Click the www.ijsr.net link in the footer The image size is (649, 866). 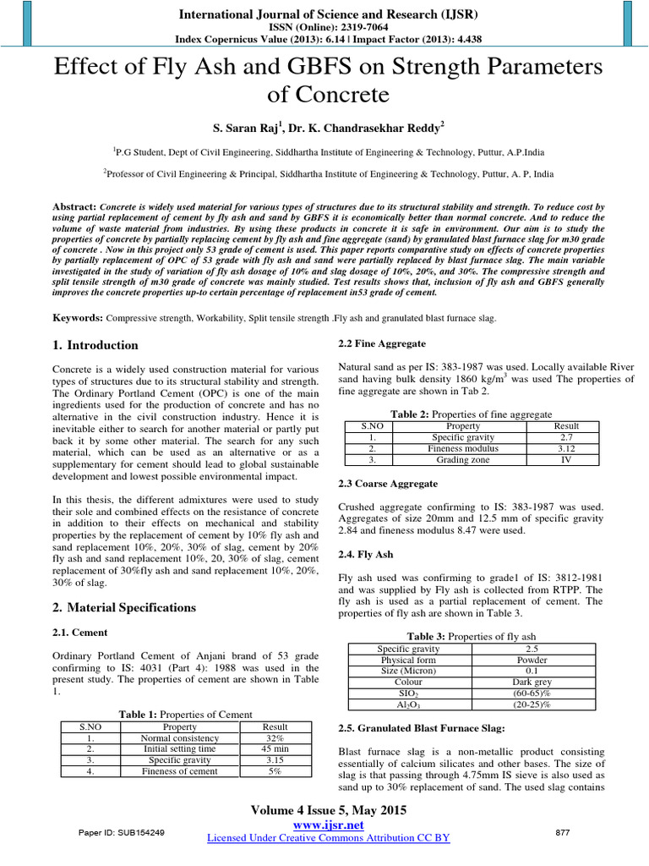[328, 825]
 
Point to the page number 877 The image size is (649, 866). [562, 833]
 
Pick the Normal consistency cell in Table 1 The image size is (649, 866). [179, 737]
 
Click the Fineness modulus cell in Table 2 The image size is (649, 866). [465, 448]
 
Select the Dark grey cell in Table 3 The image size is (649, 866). [532, 682]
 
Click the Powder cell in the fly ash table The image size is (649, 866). [532, 660]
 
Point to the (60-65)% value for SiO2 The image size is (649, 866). [532, 693]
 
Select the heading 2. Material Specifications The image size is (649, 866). [124, 607]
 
